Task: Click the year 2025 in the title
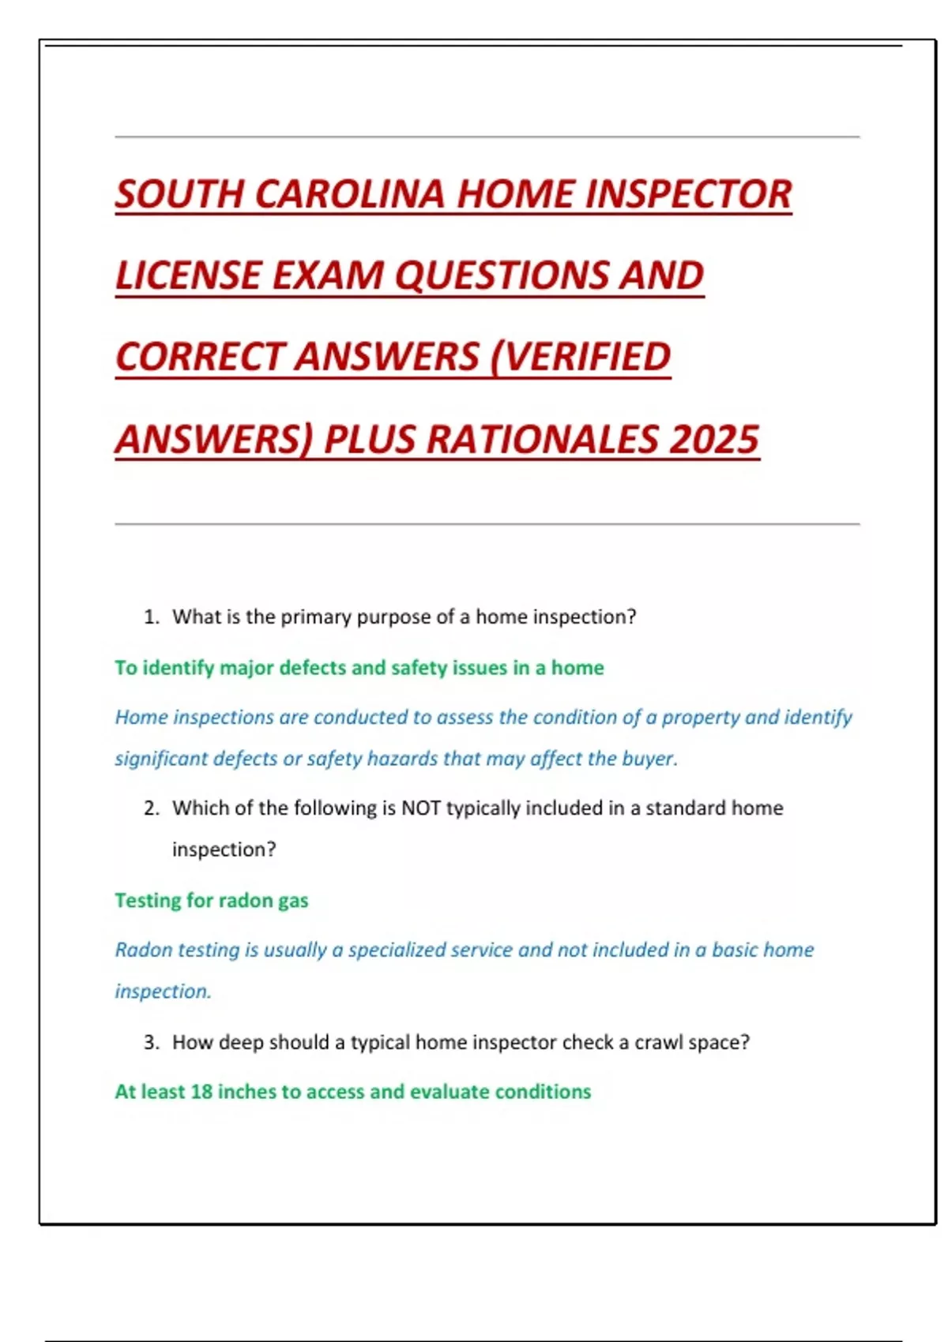pos(714,440)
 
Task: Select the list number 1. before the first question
pos(152,617)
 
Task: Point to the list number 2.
pos(152,808)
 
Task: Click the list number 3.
pos(152,1043)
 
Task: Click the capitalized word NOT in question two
pos(420,808)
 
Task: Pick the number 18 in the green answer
pos(201,1092)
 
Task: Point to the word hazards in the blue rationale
pos(400,759)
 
